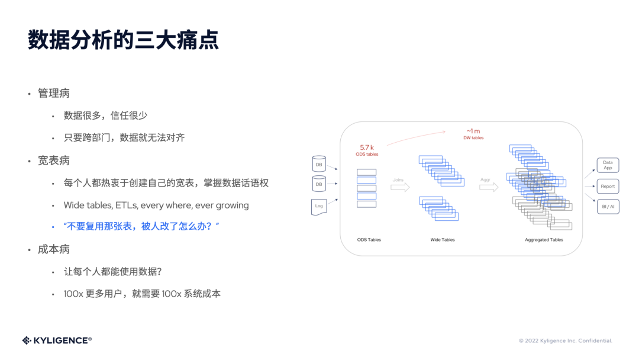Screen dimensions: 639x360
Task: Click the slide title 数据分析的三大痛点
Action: tap(123, 40)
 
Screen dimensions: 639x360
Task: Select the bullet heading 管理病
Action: tap(54, 94)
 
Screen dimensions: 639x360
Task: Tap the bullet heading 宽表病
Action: tap(54, 160)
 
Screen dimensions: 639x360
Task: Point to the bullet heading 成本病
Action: tap(54, 249)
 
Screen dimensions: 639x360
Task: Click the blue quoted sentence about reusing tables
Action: tap(141, 227)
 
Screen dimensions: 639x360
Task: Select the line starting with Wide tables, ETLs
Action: tap(156, 205)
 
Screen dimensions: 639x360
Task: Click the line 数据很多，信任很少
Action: tap(105, 115)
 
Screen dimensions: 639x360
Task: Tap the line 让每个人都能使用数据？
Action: tap(113, 272)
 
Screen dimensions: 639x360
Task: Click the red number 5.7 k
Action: tap(367, 147)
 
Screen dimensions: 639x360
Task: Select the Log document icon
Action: tap(319, 207)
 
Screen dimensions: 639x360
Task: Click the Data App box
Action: tap(608, 165)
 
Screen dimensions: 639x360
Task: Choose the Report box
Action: tap(608, 186)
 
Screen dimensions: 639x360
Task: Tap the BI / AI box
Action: tap(608, 207)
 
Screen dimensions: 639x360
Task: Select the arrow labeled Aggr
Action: tap(489, 187)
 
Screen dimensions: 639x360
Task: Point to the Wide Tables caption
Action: tap(443, 240)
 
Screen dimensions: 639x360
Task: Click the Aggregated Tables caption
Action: tap(544, 240)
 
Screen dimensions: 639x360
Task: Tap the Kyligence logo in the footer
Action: tap(57, 340)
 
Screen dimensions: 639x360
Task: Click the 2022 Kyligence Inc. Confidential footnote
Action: tap(565, 341)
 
